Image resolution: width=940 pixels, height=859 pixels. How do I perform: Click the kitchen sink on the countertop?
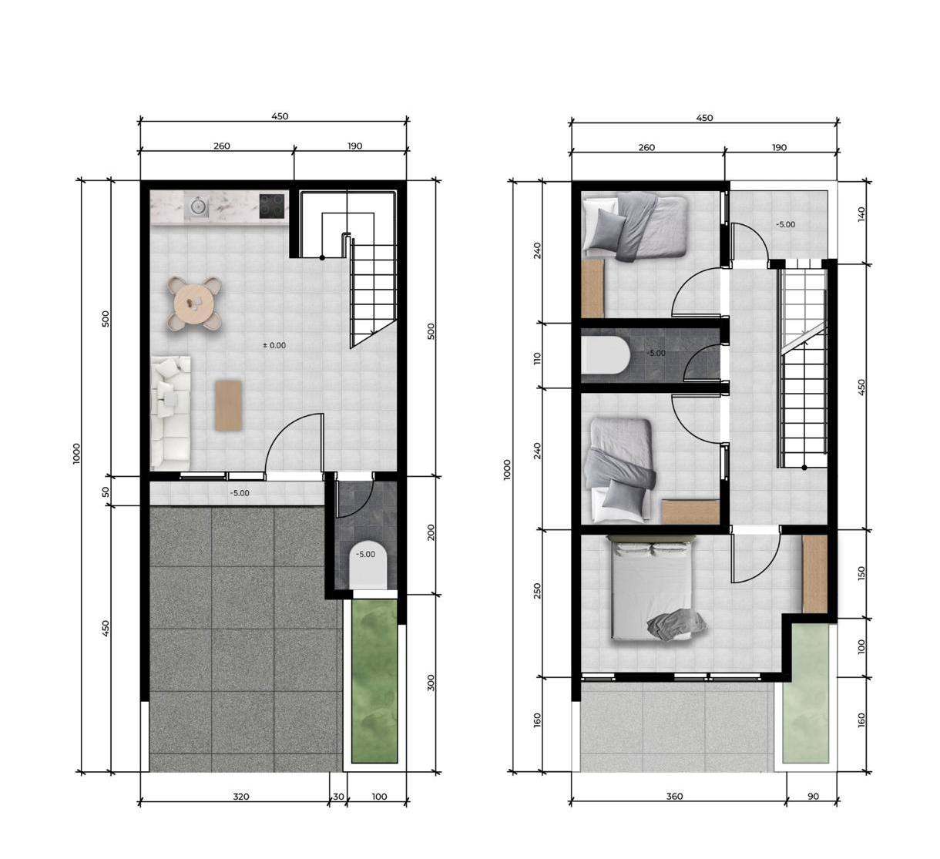point(199,206)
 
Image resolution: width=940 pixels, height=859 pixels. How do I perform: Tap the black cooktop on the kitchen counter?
point(271,206)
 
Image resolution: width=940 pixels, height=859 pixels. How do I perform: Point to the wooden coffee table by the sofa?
point(228,405)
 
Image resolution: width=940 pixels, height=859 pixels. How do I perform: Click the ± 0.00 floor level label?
point(274,345)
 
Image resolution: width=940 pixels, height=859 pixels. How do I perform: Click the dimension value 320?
point(240,797)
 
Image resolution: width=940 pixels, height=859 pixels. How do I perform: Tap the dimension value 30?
point(338,797)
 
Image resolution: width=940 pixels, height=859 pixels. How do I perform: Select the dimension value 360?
point(674,797)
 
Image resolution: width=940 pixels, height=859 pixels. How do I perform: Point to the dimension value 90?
point(813,797)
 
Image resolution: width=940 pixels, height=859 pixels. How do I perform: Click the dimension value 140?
point(861,214)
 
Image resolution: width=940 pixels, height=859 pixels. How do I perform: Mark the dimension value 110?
point(537,358)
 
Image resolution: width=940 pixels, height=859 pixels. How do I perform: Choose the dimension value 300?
point(431,683)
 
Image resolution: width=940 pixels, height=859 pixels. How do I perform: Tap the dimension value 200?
point(431,532)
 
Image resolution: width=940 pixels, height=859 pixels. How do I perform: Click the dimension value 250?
point(537,591)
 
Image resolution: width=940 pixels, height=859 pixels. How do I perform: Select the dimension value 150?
point(861,573)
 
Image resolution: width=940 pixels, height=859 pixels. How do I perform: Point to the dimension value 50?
point(106,492)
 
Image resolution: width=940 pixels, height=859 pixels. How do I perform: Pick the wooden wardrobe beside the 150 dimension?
point(814,574)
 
